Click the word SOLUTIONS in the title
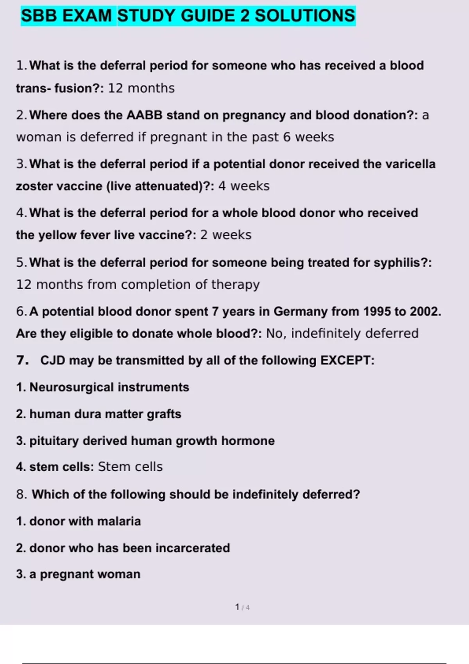point(305,16)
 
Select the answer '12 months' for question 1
point(141,88)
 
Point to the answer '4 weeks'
point(244,186)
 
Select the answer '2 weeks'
point(226,235)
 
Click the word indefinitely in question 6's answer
point(326,334)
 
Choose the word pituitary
point(54,441)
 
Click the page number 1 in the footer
point(237,607)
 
